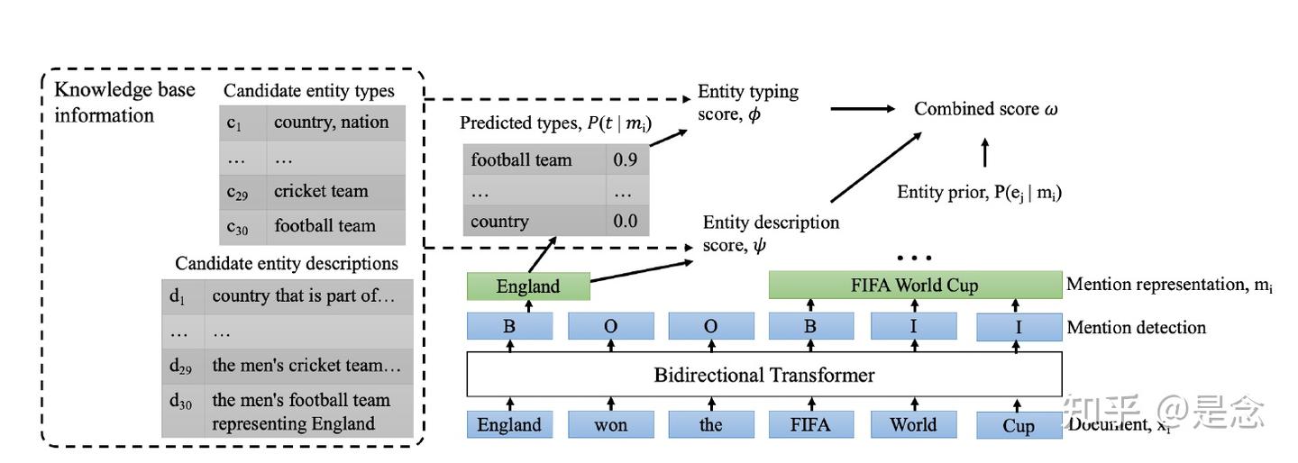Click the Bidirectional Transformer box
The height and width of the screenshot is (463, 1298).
click(x=763, y=375)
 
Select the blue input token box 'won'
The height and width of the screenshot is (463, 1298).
click(x=610, y=424)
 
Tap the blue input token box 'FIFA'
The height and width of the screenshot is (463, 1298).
click(x=809, y=424)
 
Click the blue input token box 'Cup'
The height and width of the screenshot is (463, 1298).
click(x=1018, y=425)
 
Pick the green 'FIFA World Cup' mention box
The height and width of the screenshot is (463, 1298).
click(x=914, y=286)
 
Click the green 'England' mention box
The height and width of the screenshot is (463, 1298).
click(x=528, y=286)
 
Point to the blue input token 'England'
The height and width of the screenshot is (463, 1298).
click(x=509, y=424)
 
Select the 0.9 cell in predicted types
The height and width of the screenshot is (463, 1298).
click(x=626, y=160)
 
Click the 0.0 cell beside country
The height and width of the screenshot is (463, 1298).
click(x=626, y=221)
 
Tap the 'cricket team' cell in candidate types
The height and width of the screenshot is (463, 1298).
click(x=335, y=191)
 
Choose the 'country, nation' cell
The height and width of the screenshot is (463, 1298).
click(x=335, y=123)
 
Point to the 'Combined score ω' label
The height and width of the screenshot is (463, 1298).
click(x=985, y=109)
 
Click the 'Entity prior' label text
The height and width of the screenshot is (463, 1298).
click(x=979, y=191)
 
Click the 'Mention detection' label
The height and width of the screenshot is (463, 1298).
click(x=1136, y=327)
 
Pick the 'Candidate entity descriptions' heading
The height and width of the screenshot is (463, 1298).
click(x=287, y=263)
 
